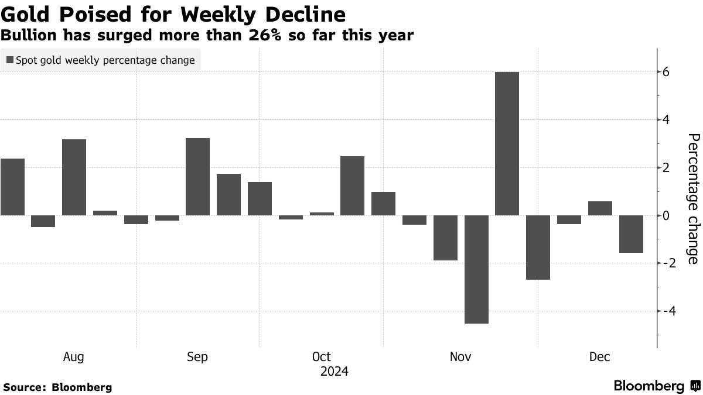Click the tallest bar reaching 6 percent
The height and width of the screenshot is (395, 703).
tap(507, 143)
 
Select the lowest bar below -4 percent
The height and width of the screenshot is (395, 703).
tap(476, 269)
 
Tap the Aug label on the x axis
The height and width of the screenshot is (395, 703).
tap(73, 357)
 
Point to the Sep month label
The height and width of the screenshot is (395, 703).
tap(197, 357)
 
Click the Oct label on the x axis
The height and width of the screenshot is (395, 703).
tap(322, 357)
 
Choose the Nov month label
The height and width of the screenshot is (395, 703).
tap(460, 357)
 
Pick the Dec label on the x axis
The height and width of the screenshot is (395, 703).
tap(599, 357)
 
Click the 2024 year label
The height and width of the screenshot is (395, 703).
tap(335, 372)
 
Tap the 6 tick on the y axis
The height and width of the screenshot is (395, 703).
tap(666, 72)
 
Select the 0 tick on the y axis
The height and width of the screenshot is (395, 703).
tap(666, 215)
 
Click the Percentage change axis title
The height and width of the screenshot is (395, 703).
tap(692, 199)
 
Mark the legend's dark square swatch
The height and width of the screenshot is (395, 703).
tap(9, 60)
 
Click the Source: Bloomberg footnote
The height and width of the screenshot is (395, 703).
tap(57, 387)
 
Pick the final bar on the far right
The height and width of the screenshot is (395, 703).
tap(631, 234)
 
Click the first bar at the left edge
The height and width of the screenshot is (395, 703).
tap(12, 187)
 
